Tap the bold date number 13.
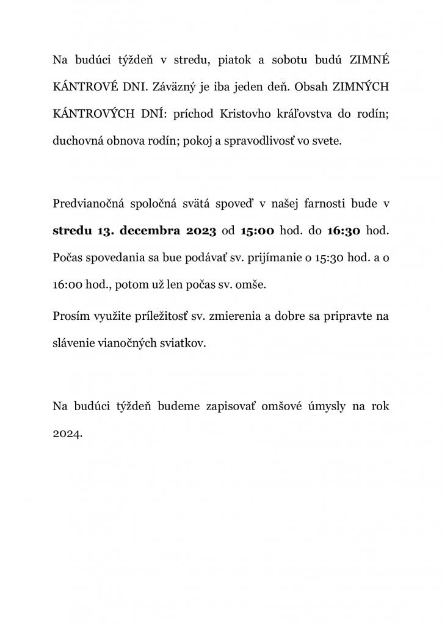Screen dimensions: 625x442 (105, 231)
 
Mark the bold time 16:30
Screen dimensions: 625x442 (344, 231)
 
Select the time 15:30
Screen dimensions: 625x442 (328, 258)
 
